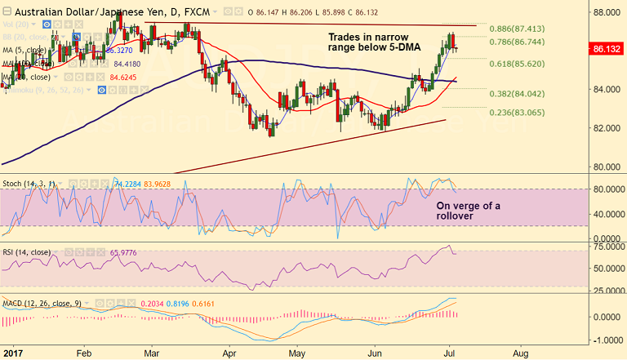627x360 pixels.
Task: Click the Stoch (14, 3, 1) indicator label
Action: tap(29, 184)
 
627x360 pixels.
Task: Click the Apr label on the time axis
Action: tap(229, 354)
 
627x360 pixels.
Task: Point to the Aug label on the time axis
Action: tap(519, 354)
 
